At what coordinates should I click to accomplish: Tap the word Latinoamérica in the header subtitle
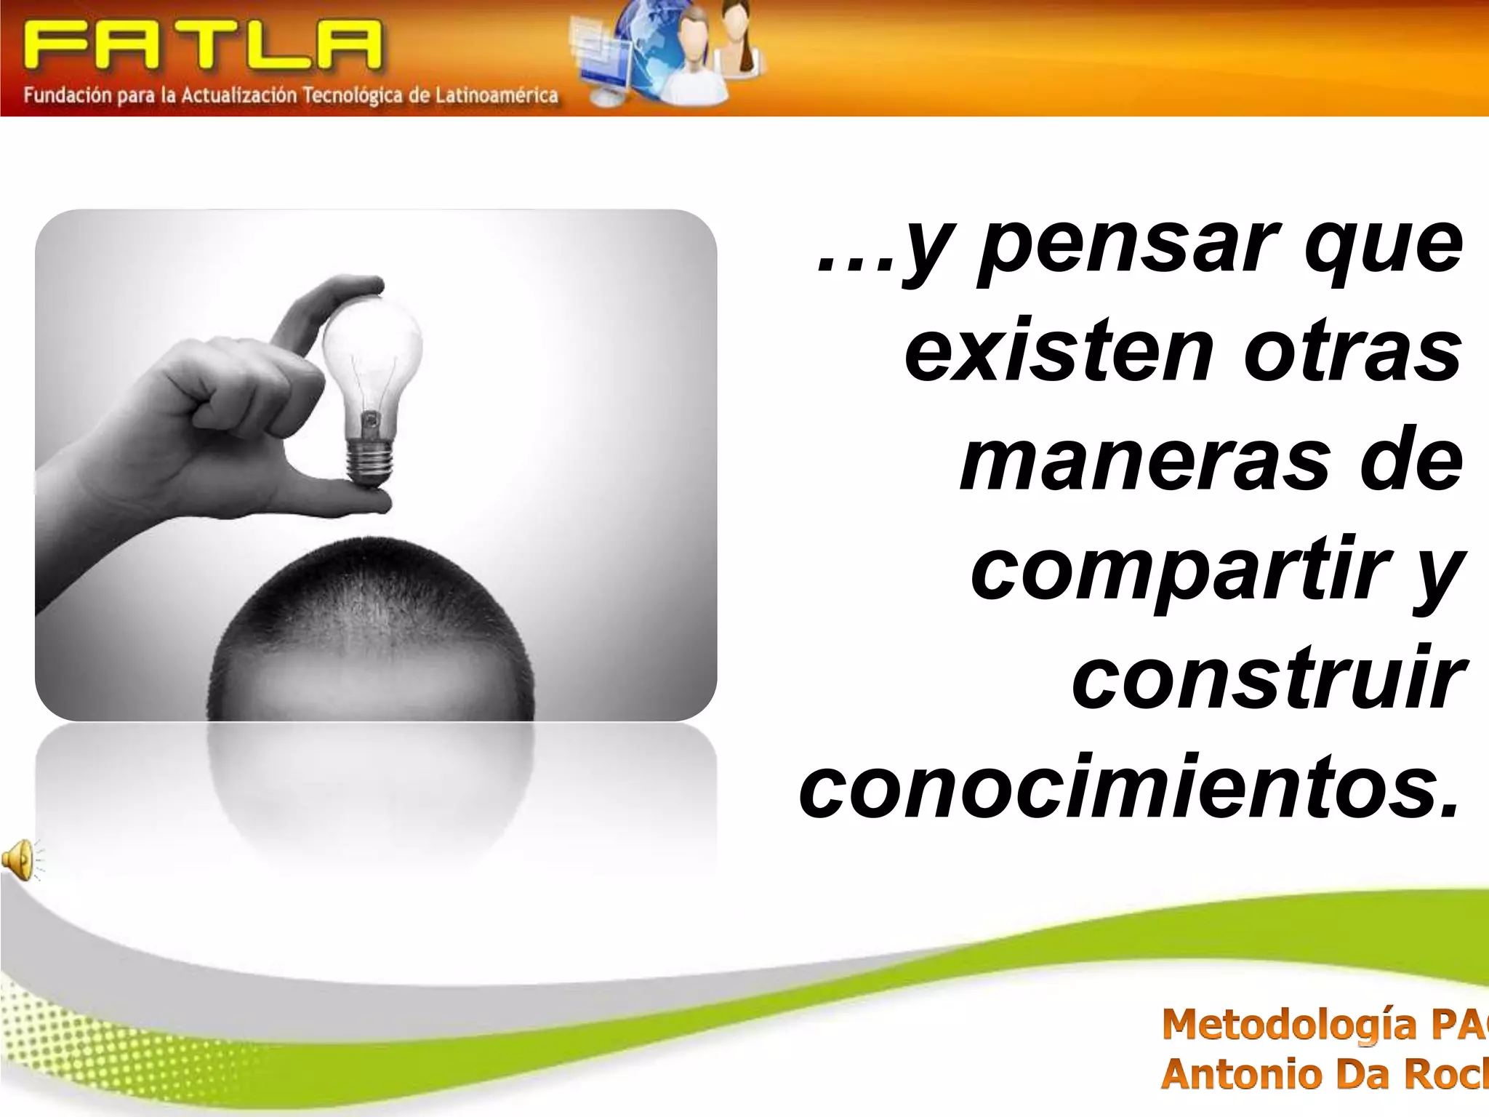(497, 95)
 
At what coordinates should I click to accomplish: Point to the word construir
(1266, 680)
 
